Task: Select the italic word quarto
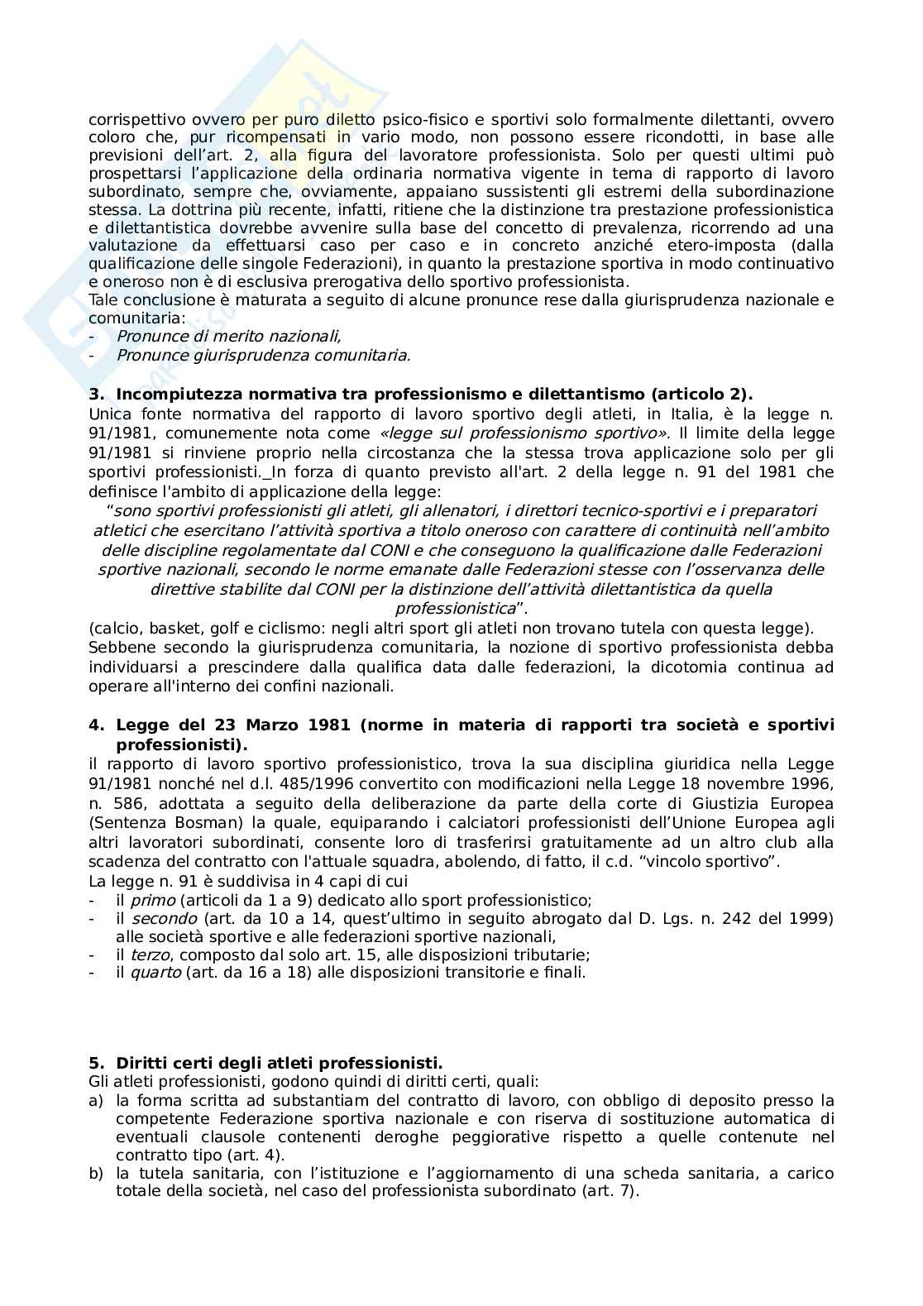point(155,973)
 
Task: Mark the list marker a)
point(95,1101)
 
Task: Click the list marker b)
point(95,1174)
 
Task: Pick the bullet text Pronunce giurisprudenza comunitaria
point(263,356)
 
